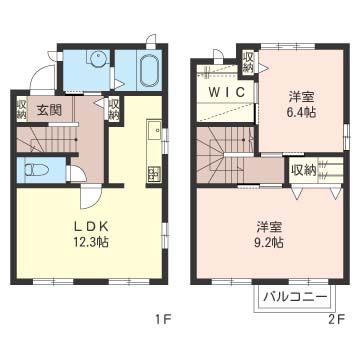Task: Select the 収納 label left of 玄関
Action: coord(21,107)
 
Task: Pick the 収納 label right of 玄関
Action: coord(114,107)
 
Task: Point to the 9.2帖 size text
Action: coord(267,241)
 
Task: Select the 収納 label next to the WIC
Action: coord(248,62)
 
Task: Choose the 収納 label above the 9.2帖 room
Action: coord(303,169)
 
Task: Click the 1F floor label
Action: coord(162,320)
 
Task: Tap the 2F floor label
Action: coord(336,320)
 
